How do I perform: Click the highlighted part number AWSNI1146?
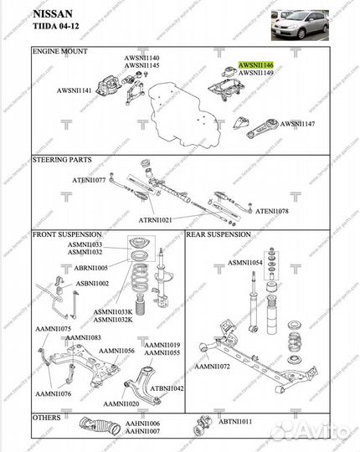pos(256,64)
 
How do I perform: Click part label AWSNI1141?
pos(75,90)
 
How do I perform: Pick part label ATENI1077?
pos(88,180)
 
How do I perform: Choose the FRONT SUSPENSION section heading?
pos(68,234)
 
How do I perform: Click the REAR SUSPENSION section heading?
pos(218,235)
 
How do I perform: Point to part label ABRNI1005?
pos(91,267)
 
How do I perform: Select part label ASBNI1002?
pos(92,284)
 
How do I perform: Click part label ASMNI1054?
pos(244,262)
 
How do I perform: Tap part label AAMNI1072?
pos(213,367)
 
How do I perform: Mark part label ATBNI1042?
pos(167,388)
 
